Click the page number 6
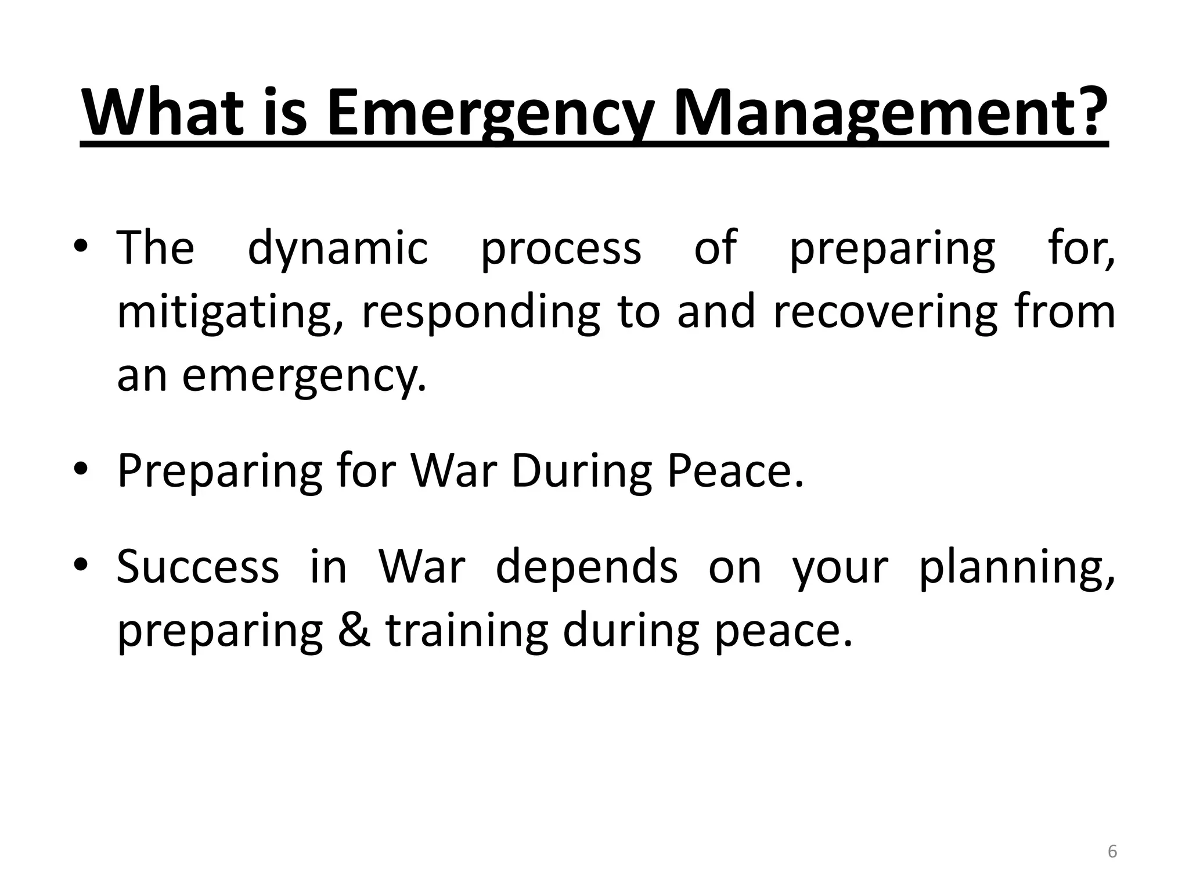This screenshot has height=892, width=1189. pyautogui.click(x=1112, y=851)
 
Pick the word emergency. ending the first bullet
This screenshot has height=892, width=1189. pyautogui.click(x=304, y=376)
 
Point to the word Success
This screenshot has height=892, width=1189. pyautogui.click(x=198, y=566)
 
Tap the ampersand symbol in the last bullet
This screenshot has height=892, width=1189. pyautogui.click(x=355, y=630)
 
